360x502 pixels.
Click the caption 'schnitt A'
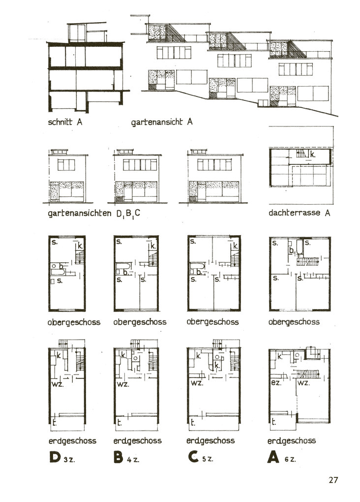(x=65, y=122)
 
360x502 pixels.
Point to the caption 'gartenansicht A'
(x=162, y=122)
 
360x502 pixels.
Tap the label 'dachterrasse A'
(x=299, y=213)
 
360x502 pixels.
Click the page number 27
(x=333, y=479)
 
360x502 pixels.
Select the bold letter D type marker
(x=55, y=457)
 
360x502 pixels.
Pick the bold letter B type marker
(x=118, y=457)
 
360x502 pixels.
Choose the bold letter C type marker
(x=193, y=457)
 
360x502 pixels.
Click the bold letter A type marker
(x=273, y=457)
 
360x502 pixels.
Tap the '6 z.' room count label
(x=290, y=459)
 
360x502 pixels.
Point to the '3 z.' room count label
(x=69, y=460)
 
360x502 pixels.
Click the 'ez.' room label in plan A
(x=276, y=383)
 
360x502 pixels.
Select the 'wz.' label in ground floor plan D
(x=58, y=384)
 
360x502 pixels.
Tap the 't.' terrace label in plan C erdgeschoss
(x=193, y=422)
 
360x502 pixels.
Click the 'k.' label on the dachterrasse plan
(x=313, y=155)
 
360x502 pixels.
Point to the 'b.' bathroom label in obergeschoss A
(x=292, y=251)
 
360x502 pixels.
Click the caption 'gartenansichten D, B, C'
(x=94, y=214)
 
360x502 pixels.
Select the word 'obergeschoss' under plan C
(x=212, y=322)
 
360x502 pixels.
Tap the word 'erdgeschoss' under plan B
(x=137, y=441)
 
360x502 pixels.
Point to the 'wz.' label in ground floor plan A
(x=303, y=383)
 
